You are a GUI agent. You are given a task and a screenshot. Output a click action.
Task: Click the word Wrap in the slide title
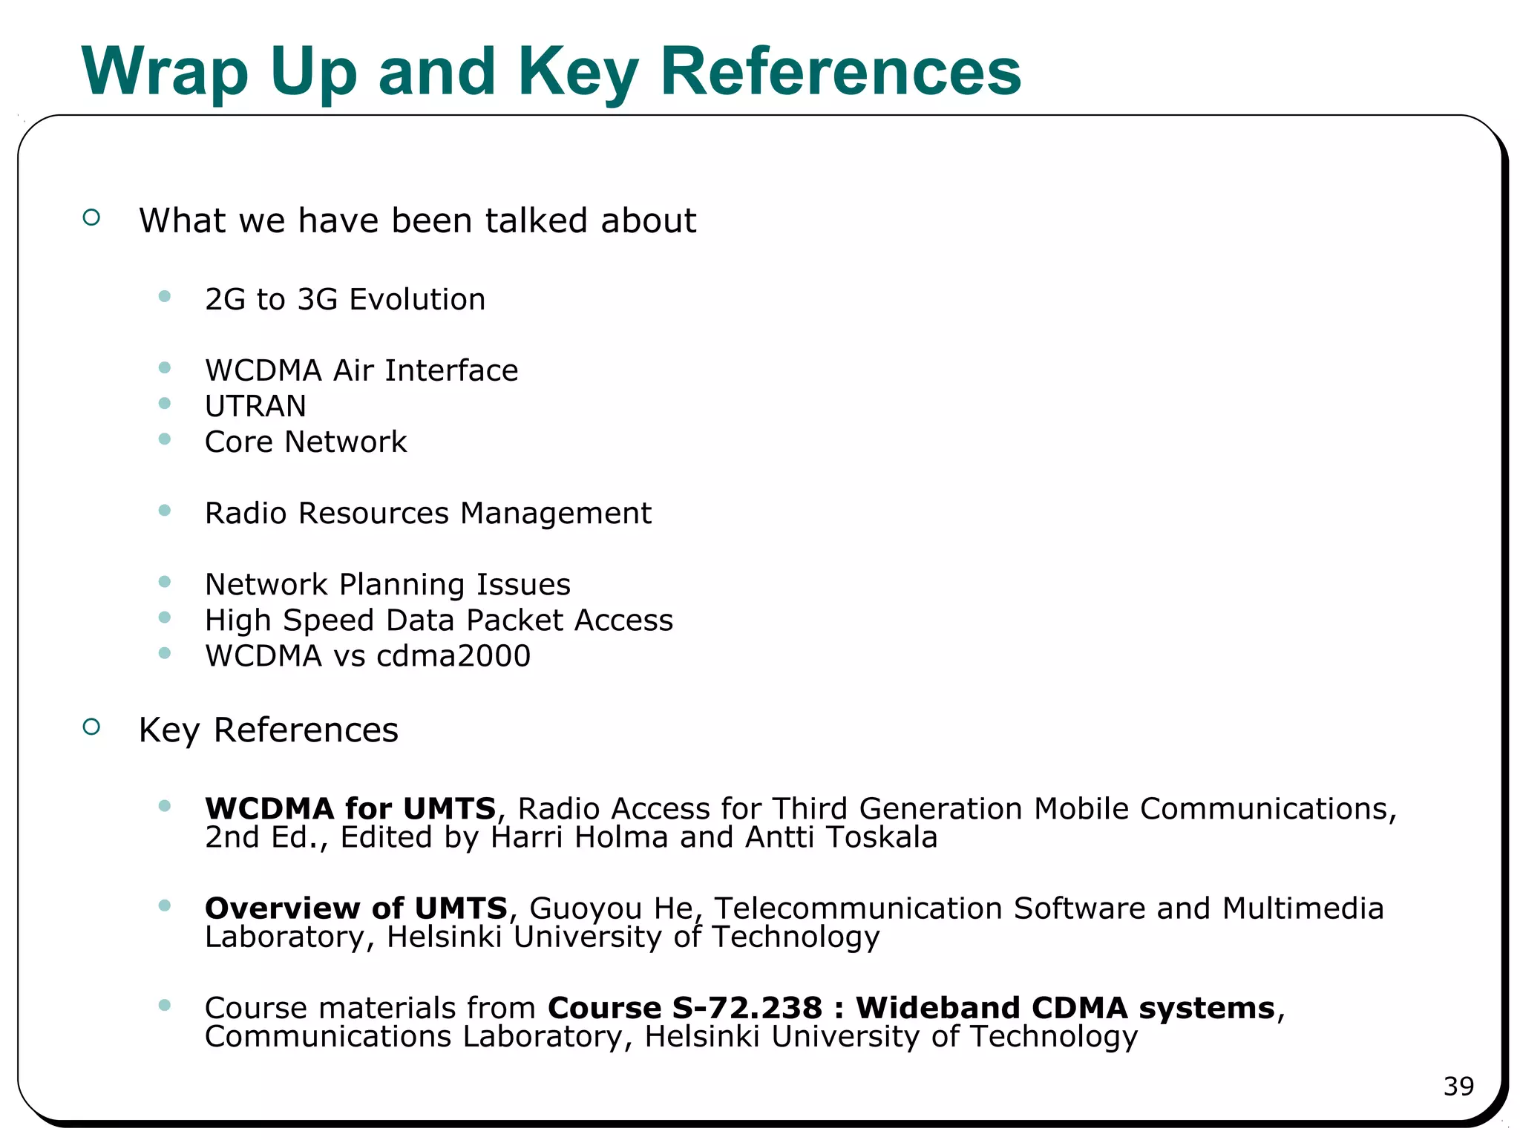pos(165,73)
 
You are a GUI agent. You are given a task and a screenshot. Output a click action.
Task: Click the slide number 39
pos(1458,1087)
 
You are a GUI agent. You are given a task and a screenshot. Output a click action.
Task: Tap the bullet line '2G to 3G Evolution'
pos(345,300)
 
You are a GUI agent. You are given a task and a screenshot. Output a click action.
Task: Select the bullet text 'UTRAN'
pos(255,407)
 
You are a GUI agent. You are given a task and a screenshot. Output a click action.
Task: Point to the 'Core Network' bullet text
pos(306,442)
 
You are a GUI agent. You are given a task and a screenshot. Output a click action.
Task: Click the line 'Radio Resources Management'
pos(427,514)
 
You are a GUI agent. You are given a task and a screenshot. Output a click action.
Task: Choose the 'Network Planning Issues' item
pos(387,585)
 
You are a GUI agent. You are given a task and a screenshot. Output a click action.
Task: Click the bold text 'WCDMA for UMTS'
pos(350,808)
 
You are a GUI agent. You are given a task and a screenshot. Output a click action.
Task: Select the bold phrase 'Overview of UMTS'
pos(356,908)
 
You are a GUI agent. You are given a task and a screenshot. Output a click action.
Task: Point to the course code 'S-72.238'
pos(747,1008)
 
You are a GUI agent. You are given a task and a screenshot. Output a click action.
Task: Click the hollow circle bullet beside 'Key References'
pos(91,727)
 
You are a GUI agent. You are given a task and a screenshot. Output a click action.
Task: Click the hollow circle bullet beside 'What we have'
pos(91,217)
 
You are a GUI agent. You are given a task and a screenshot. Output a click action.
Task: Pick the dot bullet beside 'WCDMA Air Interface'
pos(165,368)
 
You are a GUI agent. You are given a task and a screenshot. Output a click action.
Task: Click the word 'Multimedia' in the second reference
pos(1303,908)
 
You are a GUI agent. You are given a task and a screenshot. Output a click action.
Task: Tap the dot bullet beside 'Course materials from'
pos(165,1006)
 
